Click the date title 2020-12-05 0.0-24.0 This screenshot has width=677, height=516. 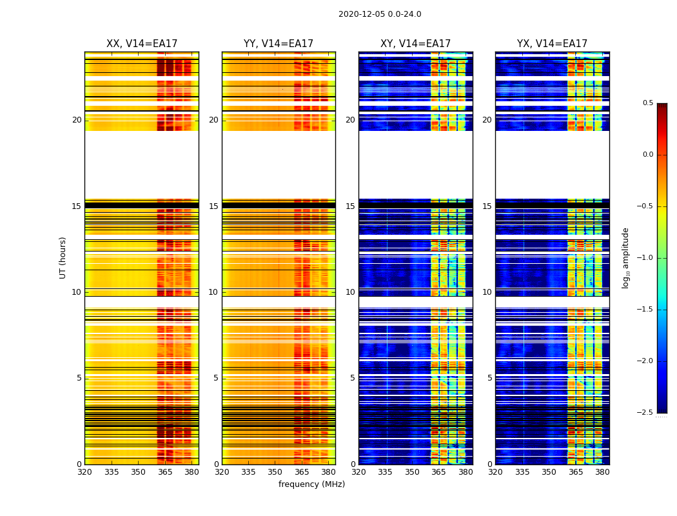point(380,14)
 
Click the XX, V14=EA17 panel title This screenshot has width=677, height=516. point(142,44)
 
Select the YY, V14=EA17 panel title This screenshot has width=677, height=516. point(279,44)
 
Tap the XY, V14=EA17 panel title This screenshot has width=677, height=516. point(415,44)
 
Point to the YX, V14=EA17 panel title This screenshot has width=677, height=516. point(552,44)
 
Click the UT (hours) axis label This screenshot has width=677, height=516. point(63,257)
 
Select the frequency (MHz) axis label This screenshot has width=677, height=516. point(311,484)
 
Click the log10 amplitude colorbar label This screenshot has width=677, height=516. point(625,258)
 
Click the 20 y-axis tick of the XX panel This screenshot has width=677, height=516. point(77,120)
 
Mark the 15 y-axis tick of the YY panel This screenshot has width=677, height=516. point(213,206)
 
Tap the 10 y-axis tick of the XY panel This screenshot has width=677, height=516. point(350,292)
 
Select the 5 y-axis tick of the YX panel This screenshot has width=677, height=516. point(489,378)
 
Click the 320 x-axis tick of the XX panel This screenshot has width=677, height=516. point(84,472)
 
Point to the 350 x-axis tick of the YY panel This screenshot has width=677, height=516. point(275,472)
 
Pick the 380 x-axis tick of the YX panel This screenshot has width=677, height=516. point(602,472)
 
